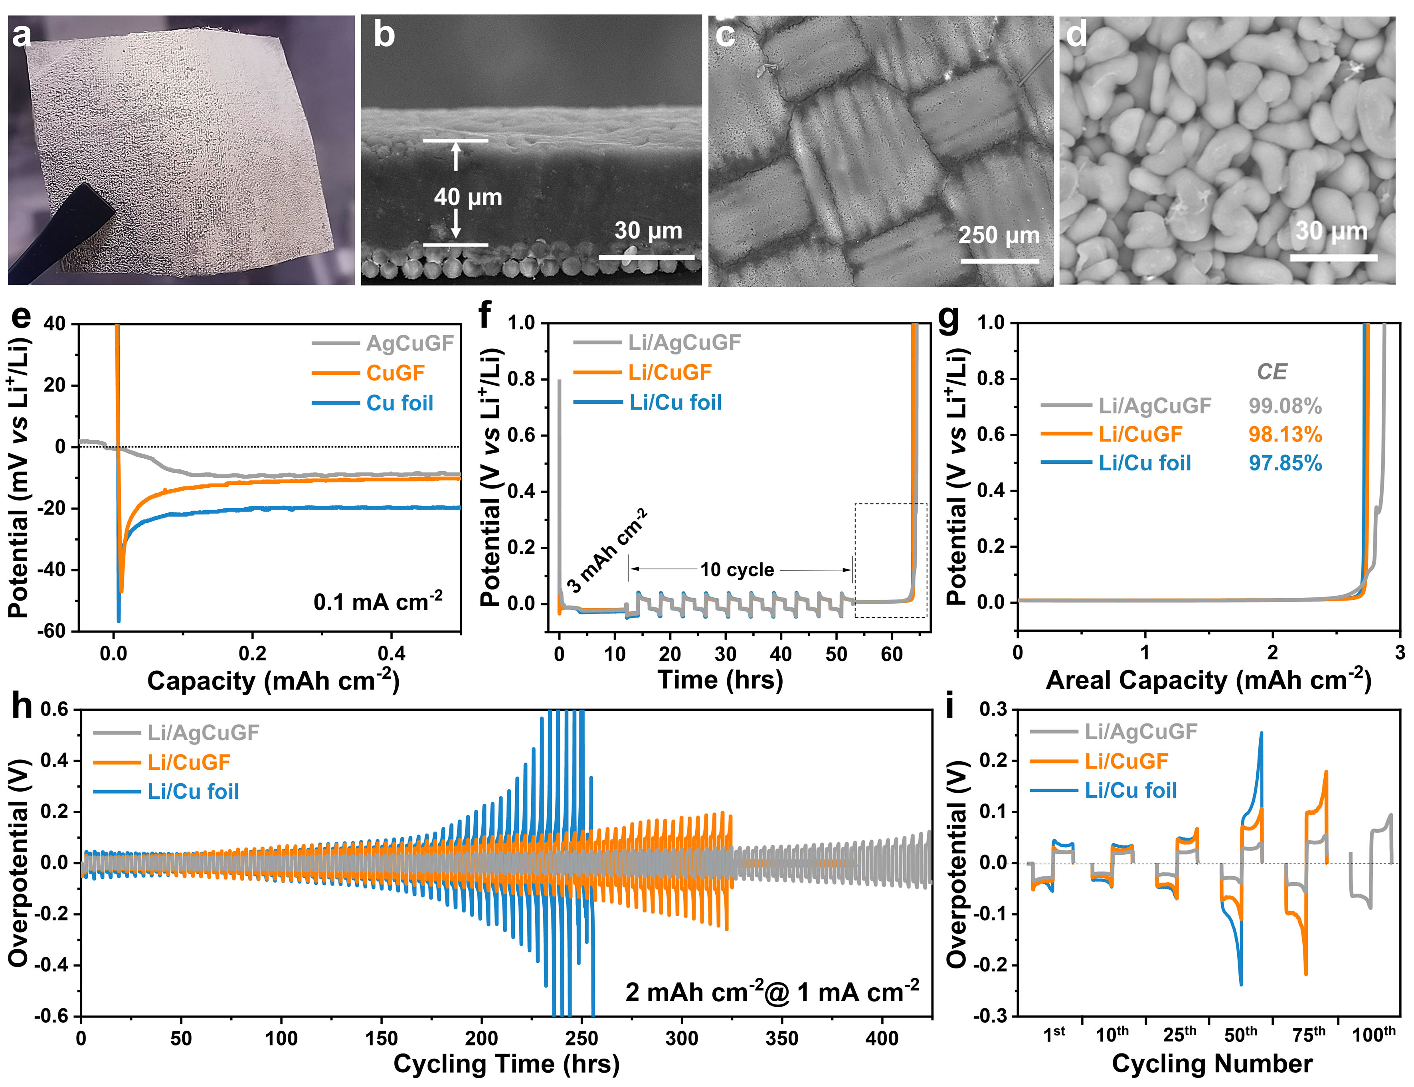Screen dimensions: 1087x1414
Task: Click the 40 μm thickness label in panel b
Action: coord(468,197)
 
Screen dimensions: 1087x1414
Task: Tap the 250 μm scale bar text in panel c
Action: coord(999,235)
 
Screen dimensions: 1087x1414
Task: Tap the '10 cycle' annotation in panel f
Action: coord(737,569)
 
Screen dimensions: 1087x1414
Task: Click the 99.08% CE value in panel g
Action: coord(1285,406)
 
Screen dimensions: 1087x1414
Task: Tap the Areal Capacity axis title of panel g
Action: coord(1208,680)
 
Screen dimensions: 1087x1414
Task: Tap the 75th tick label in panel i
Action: coord(1309,1035)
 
